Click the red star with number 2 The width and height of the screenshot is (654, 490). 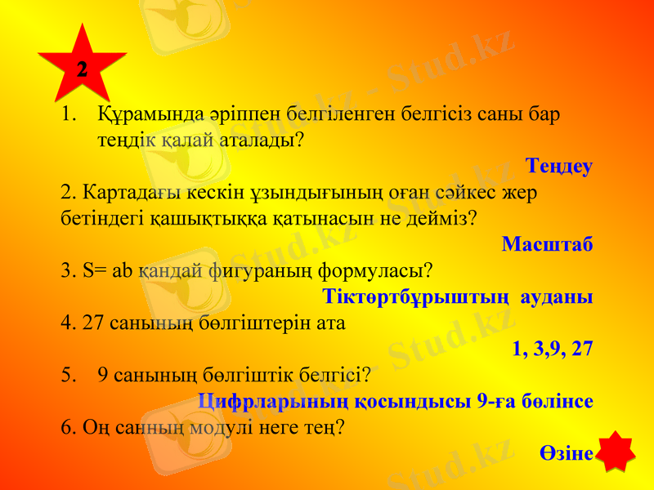[83, 67]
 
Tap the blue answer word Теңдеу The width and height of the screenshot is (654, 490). [559, 167]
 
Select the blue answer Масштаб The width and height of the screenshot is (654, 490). [547, 244]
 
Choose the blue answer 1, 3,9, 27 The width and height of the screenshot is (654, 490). [553, 349]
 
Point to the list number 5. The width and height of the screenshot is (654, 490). [69, 375]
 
